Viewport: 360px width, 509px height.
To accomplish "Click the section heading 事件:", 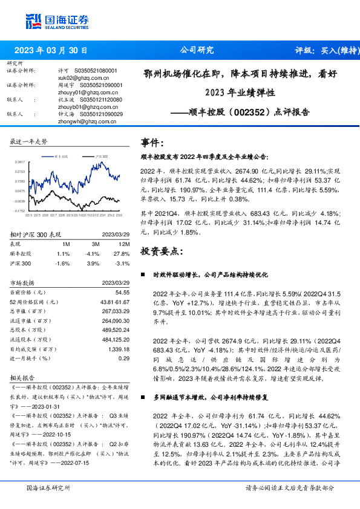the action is coord(152,143).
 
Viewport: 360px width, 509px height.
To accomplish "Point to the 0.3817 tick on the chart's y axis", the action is coord(19,163).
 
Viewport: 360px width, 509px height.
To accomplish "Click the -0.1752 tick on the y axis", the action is coord(19,211).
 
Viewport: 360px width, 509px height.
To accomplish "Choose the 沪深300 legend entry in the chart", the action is coord(100,155).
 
